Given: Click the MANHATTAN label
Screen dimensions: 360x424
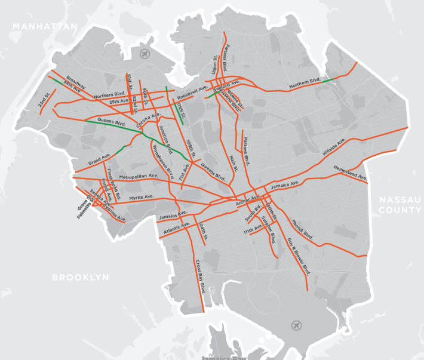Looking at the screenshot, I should click(x=45, y=27).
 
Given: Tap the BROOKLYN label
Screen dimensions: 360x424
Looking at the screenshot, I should click(x=81, y=278).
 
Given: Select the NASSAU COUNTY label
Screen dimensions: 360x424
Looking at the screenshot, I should click(x=400, y=205).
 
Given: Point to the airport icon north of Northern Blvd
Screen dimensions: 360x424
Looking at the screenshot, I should click(x=145, y=54).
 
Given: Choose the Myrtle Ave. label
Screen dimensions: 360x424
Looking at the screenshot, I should click(x=142, y=196).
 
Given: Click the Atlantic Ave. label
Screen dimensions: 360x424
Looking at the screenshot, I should click(x=176, y=227).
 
